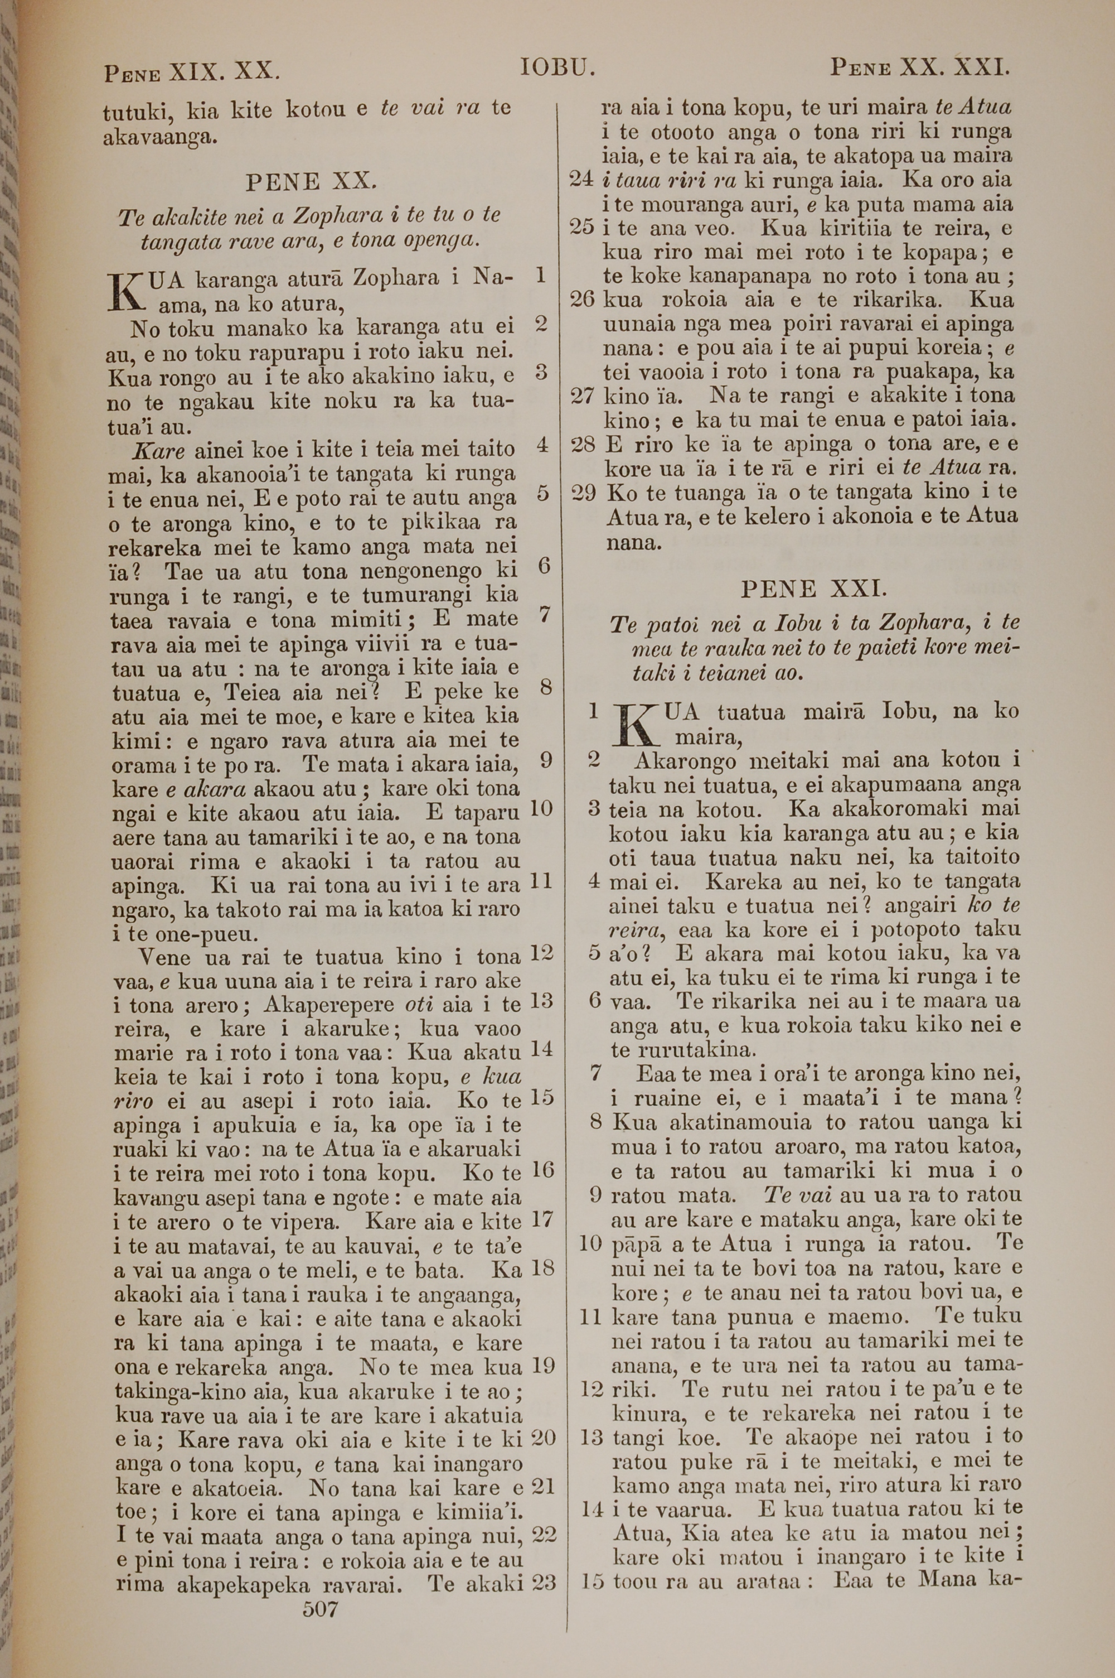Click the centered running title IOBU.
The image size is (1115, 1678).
pos(557,69)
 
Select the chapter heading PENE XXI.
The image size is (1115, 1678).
pos(813,589)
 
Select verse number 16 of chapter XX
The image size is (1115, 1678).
pos(542,1170)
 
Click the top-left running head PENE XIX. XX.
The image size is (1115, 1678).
pos(192,72)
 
